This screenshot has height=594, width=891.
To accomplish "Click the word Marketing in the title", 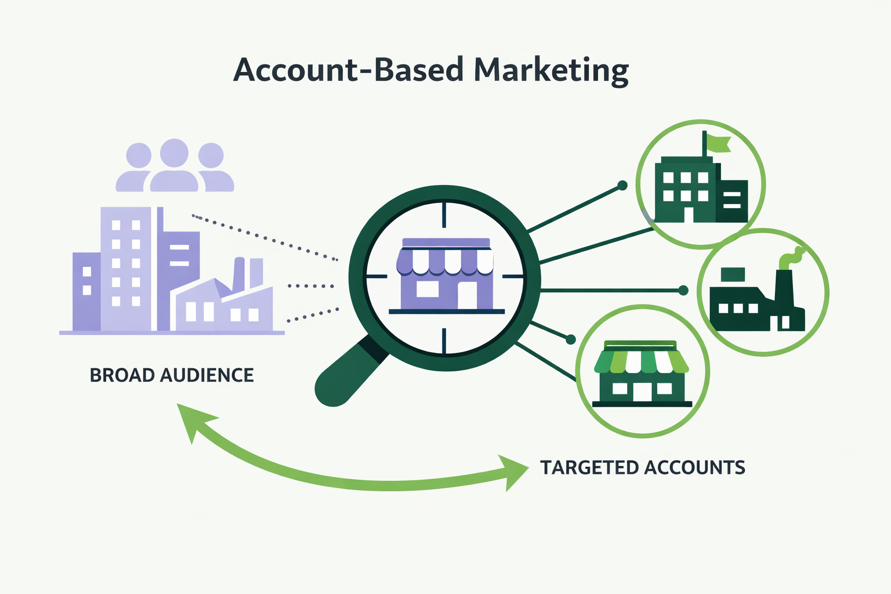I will tap(551, 70).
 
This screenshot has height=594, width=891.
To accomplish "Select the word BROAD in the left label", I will tap(122, 375).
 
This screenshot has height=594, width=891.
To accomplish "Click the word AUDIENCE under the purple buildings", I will tap(207, 375).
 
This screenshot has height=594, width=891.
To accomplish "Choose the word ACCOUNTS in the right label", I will tap(694, 468).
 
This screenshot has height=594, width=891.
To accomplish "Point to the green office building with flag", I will tap(699, 189).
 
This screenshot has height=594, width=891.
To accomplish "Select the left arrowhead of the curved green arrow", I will tap(191, 421).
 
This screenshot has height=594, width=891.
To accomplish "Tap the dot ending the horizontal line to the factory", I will tap(683, 290).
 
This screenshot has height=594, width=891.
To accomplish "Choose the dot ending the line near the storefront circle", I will tap(570, 339).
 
